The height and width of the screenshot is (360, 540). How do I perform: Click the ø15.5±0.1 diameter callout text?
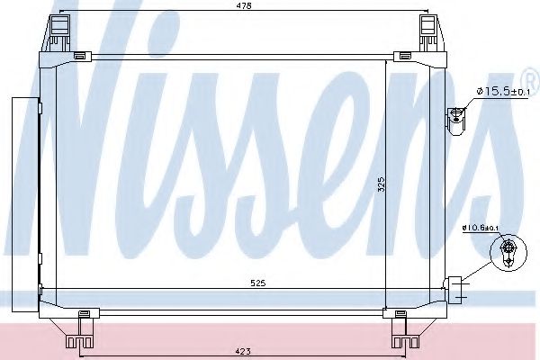pyautogui.click(x=507, y=91)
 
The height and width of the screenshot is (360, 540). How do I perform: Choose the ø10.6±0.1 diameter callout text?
pyautogui.click(x=480, y=228)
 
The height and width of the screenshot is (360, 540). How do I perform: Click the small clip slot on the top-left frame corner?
pyautogui.click(x=79, y=57)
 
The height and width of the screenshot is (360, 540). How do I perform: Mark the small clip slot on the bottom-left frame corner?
pyautogui.click(x=84, y=312)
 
